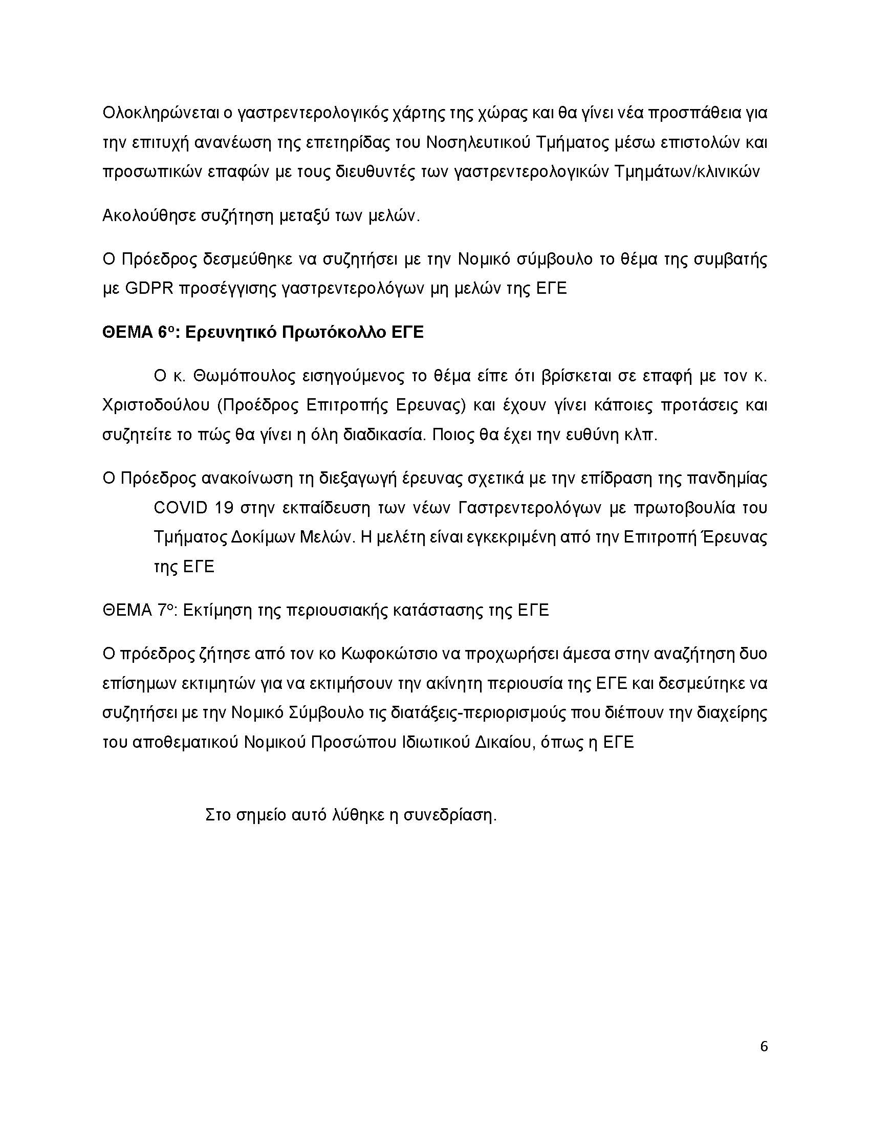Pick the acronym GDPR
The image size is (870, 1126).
click(149, 288)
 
